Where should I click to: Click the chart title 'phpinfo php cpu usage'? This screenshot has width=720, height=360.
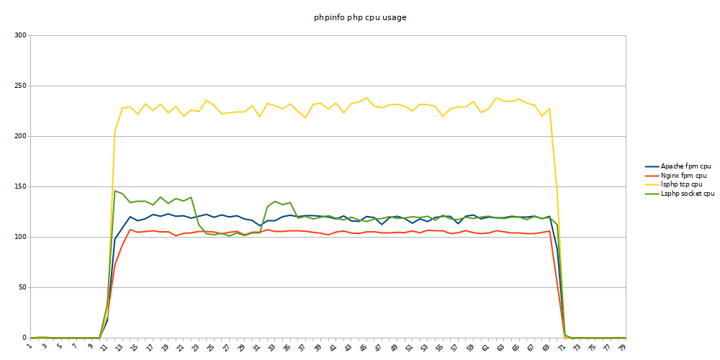(360, 17)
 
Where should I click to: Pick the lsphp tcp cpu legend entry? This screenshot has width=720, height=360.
(681, 184)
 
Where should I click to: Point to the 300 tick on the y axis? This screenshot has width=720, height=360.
(19, 35)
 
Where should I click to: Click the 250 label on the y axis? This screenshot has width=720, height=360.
(19, 86)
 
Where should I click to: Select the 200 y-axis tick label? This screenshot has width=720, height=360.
(19, 136)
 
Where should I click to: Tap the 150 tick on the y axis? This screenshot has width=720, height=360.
(19, 186)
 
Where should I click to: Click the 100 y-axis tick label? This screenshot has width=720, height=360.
(19, 237)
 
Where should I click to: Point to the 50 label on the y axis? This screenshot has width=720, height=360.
(22, 287)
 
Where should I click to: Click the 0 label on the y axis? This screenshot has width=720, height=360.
(24, 338)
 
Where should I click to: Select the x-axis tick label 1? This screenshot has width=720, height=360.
(30, 346)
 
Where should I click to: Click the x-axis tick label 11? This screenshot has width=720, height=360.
(105, 346)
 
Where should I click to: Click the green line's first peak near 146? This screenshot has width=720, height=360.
(114, 191)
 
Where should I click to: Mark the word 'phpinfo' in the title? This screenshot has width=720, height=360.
(329, 17)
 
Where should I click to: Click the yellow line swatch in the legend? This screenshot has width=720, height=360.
(651, 184)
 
